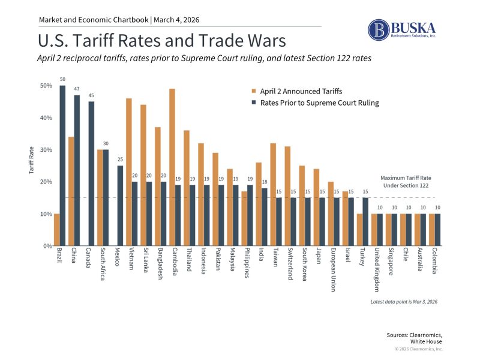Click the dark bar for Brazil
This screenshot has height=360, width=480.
(x=62, y=166)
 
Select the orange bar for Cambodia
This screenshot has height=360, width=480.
(x=172, y=167)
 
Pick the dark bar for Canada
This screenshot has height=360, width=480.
(x=91, y=173)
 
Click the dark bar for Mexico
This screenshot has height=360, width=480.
(x=120, y=206)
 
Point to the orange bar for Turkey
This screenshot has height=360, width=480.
(x=360, y=230)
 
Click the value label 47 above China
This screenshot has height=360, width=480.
(x=77, y=89)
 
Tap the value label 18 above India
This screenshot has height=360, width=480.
(x=265, y=182)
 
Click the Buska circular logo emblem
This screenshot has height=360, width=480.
(x=379, y=30)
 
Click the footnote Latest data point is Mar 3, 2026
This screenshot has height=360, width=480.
(x=404, y=301)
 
